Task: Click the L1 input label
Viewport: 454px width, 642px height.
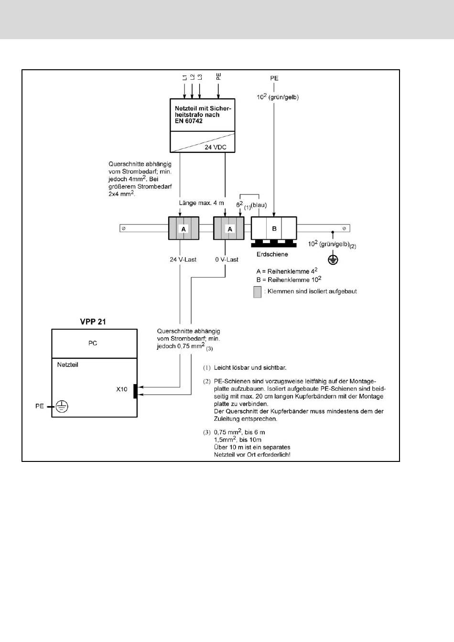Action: (x=184, y=77)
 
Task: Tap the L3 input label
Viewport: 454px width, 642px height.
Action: (x=200, y=77)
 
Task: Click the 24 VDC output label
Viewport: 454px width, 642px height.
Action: (x=216, y=147)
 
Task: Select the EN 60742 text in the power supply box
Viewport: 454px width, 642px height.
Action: (x=189, y=121)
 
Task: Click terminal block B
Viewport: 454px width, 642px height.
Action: (x=274, y=228)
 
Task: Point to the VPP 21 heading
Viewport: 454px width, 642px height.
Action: (x=93, y=321)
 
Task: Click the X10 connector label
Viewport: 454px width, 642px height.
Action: (x=121, y=389)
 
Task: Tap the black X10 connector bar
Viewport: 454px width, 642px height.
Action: (x=135, y=391)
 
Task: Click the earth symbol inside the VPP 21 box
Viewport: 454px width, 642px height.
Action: (x=62, y=407)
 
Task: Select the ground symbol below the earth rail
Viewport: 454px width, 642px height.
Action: (x=333, y=260)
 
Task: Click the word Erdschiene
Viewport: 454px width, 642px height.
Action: (x=272, y=254)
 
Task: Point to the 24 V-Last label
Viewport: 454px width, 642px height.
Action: (x=183, y=260)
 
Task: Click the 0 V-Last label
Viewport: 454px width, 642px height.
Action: (x=227, y=260)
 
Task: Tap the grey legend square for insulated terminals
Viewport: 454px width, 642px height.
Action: (x=257, y=292)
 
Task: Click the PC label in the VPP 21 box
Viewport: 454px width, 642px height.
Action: (x=93, y=343)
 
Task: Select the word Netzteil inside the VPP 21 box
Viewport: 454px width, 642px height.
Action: (x=68, y=364)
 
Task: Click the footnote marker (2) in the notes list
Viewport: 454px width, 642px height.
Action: (x=207, y=382)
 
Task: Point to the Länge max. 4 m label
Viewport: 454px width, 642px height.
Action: (x=201, y=203)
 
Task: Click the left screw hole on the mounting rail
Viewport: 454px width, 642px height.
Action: (x=124, y=228)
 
